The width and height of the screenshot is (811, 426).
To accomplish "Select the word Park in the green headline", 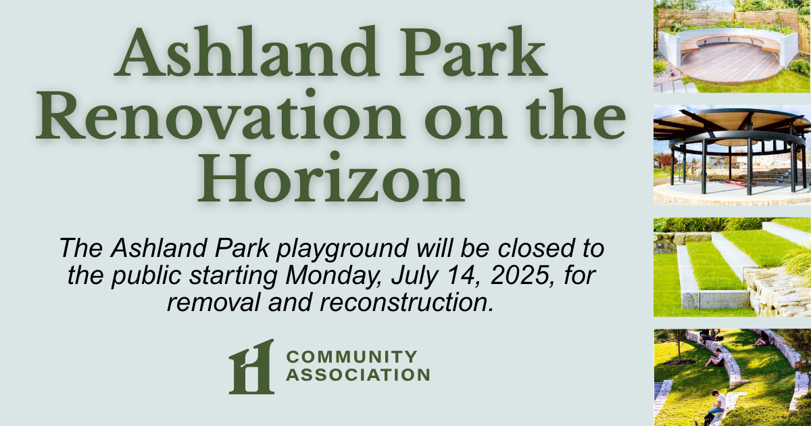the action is pos(472,52).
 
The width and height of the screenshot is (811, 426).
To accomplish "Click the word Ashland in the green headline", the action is pos(247,52).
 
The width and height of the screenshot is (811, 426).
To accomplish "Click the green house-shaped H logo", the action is pos(251,366).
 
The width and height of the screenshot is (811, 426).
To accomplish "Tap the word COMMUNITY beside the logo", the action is pos(351,357).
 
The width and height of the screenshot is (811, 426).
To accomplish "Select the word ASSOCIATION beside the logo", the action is pos(358,375).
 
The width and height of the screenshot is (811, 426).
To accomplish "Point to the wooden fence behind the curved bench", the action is pos(728,19).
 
